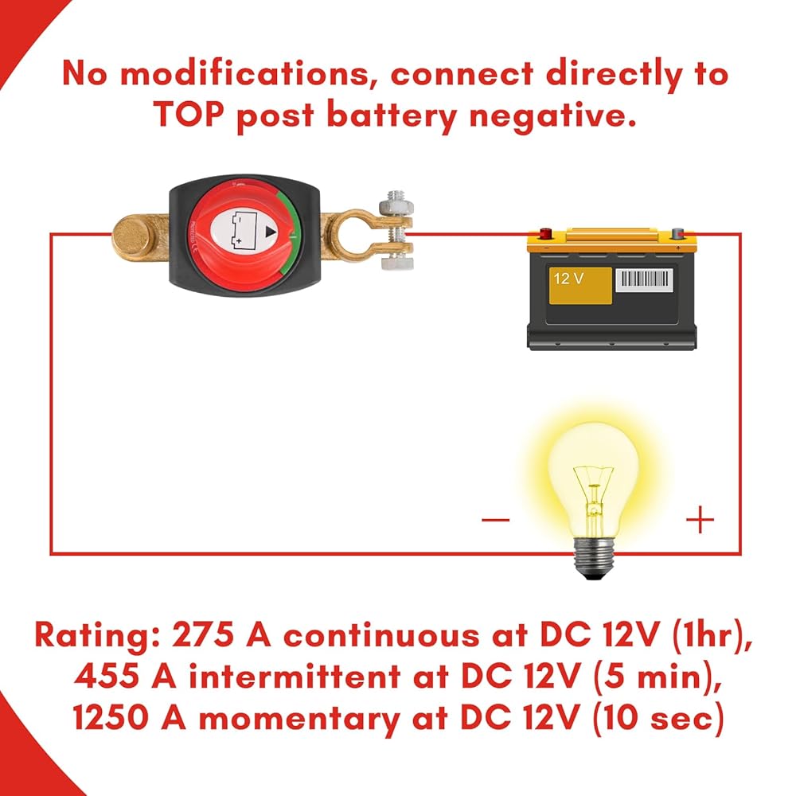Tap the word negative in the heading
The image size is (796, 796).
click(x=552, y=116)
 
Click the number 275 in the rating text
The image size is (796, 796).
click(x=203, y=634)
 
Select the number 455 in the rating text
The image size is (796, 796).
click(x=107, y=676)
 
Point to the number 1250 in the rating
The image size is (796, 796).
click(x=111, y=717)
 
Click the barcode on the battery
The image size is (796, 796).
click(x=644, y=280)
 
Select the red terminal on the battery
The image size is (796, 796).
click(x=545, y=233)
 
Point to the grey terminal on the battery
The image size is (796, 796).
click(x=677, y=233)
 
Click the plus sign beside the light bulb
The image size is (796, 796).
click(x=700, y=519)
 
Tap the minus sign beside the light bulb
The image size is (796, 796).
click(x=495, y=519)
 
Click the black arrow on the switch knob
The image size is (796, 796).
click(x=271, y=232)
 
